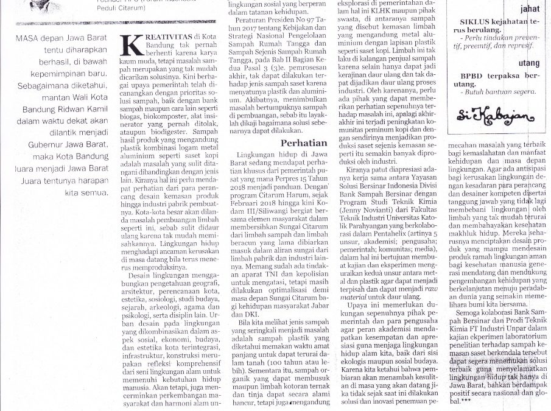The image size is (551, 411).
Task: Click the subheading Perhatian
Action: pyautogui.click(x=304, y=142)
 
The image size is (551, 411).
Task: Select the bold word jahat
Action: pyautogui.click(x=528, y=9)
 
